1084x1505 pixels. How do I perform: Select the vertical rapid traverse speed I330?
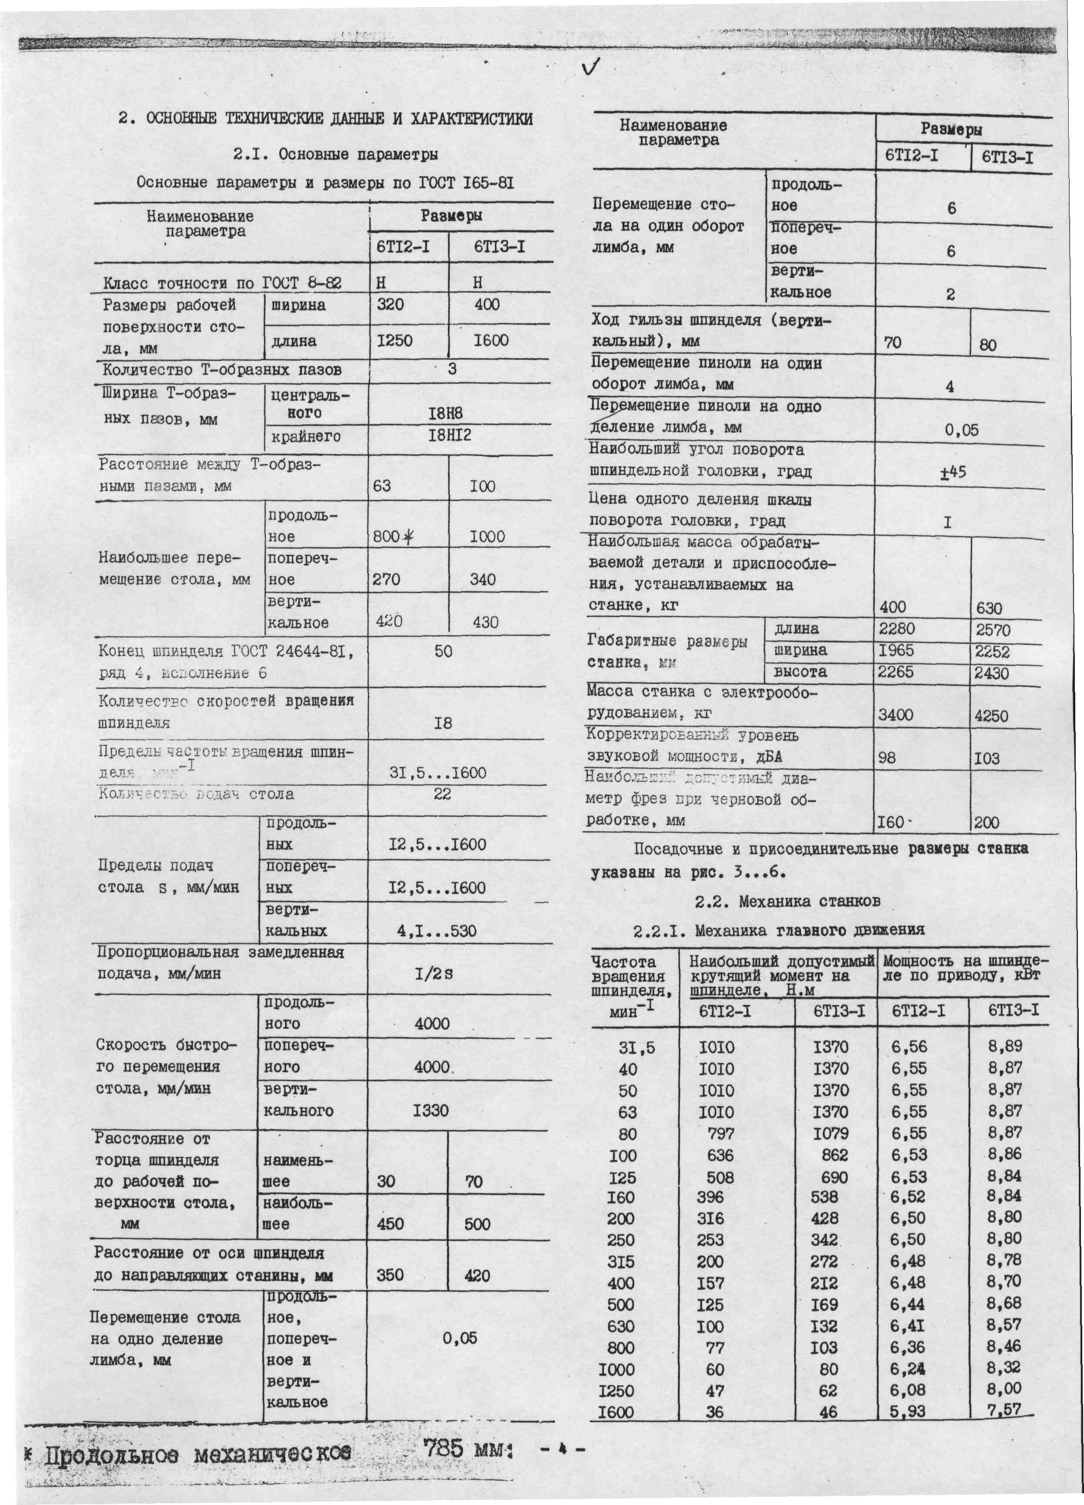431,1110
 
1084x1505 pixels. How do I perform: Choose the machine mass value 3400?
896,715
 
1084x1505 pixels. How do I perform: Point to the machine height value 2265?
896,672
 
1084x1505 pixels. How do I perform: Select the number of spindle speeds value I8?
442,723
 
